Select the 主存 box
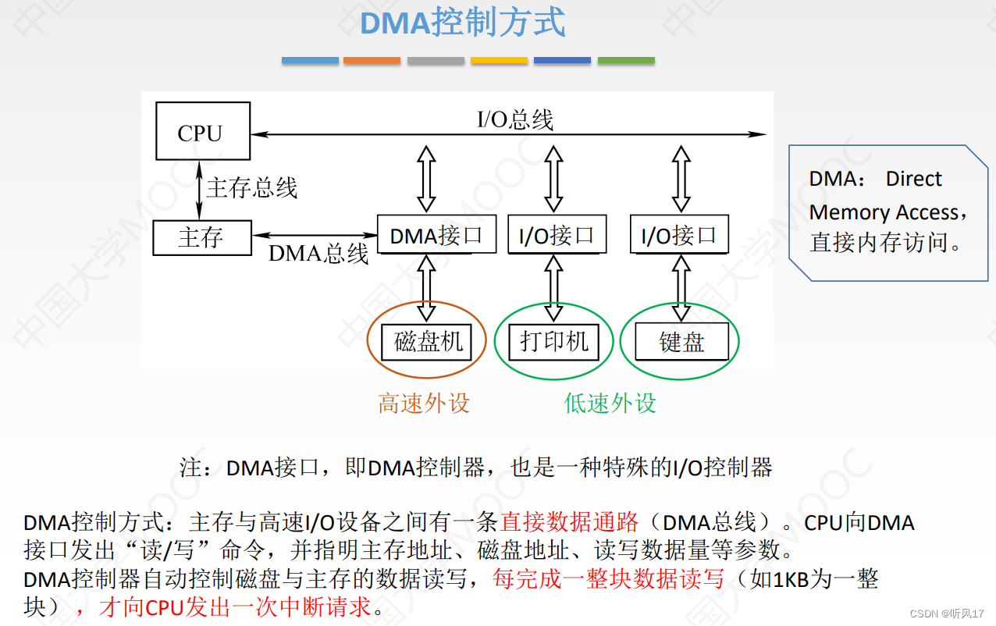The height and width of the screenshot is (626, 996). point(201,237)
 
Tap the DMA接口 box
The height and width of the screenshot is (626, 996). point(436,234)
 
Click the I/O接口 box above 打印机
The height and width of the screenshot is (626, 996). point(557,234)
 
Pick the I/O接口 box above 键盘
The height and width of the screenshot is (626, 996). point(678,234)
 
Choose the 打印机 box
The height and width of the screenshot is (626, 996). point(554,342)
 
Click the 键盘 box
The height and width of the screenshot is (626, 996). point(681,342)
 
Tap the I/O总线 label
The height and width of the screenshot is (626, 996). point(515,119)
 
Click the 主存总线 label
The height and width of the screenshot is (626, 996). point(251,188)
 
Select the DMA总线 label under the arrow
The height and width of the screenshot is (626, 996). point(318,254)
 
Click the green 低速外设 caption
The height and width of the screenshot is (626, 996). point(610,403)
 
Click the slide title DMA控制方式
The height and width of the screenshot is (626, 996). point(463,23)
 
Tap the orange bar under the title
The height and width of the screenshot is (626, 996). point(372,60)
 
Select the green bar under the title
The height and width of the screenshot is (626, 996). point(626,60)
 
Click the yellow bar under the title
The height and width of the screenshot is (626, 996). point(499,60)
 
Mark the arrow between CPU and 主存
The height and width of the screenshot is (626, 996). point(200,190)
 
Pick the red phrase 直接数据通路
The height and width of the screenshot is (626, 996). point(569,521)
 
